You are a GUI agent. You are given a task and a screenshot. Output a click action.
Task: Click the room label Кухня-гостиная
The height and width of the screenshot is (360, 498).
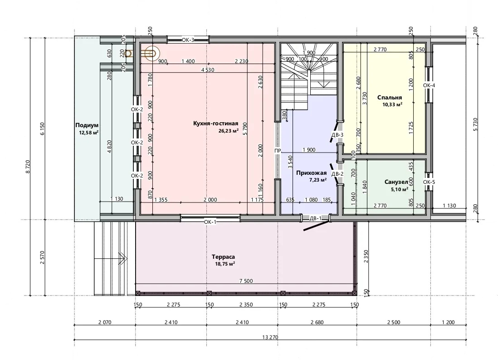tap(215, 123)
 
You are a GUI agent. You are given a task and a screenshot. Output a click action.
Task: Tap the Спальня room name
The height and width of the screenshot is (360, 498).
tap(390, 98)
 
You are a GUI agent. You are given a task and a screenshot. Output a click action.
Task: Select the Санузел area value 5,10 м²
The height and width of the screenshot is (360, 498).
tap(400, 190)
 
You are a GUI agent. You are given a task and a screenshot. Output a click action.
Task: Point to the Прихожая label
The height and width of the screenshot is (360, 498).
tap(311, 173)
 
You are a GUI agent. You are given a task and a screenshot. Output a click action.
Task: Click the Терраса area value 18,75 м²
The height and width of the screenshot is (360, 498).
tap(225, 264)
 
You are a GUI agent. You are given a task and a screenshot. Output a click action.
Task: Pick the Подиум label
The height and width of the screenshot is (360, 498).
tap(87, 125)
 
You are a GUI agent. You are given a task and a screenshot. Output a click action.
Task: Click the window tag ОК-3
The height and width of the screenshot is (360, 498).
tap(188, 40)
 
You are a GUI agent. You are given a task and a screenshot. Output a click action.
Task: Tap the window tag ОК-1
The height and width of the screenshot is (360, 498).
tap(210, 222)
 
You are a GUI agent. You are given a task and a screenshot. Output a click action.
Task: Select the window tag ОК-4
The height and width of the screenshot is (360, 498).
tap(429, 85)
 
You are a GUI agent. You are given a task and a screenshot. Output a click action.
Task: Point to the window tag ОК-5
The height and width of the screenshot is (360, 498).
tap(429, 182)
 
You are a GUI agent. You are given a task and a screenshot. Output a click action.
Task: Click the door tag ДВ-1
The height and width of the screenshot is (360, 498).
tap(315, 218)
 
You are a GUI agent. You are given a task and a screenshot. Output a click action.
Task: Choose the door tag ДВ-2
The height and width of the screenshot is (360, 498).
tap(337, 174)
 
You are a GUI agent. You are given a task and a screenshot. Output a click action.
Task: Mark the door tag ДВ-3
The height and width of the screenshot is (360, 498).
tap(337, 135)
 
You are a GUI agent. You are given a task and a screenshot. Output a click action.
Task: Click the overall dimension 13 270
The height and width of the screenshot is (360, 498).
tap(270, 337)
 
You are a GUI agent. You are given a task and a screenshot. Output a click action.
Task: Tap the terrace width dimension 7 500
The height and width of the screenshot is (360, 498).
tap(246, 281)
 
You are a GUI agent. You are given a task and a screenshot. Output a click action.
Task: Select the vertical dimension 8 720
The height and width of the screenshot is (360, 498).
tap(28, 167)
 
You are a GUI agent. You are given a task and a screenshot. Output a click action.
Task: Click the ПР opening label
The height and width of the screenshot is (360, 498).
tap(278, 151)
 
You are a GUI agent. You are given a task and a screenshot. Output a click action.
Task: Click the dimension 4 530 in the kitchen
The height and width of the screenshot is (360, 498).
tap(207, 69)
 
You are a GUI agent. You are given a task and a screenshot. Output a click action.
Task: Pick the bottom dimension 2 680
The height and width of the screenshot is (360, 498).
tap(317, 322)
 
